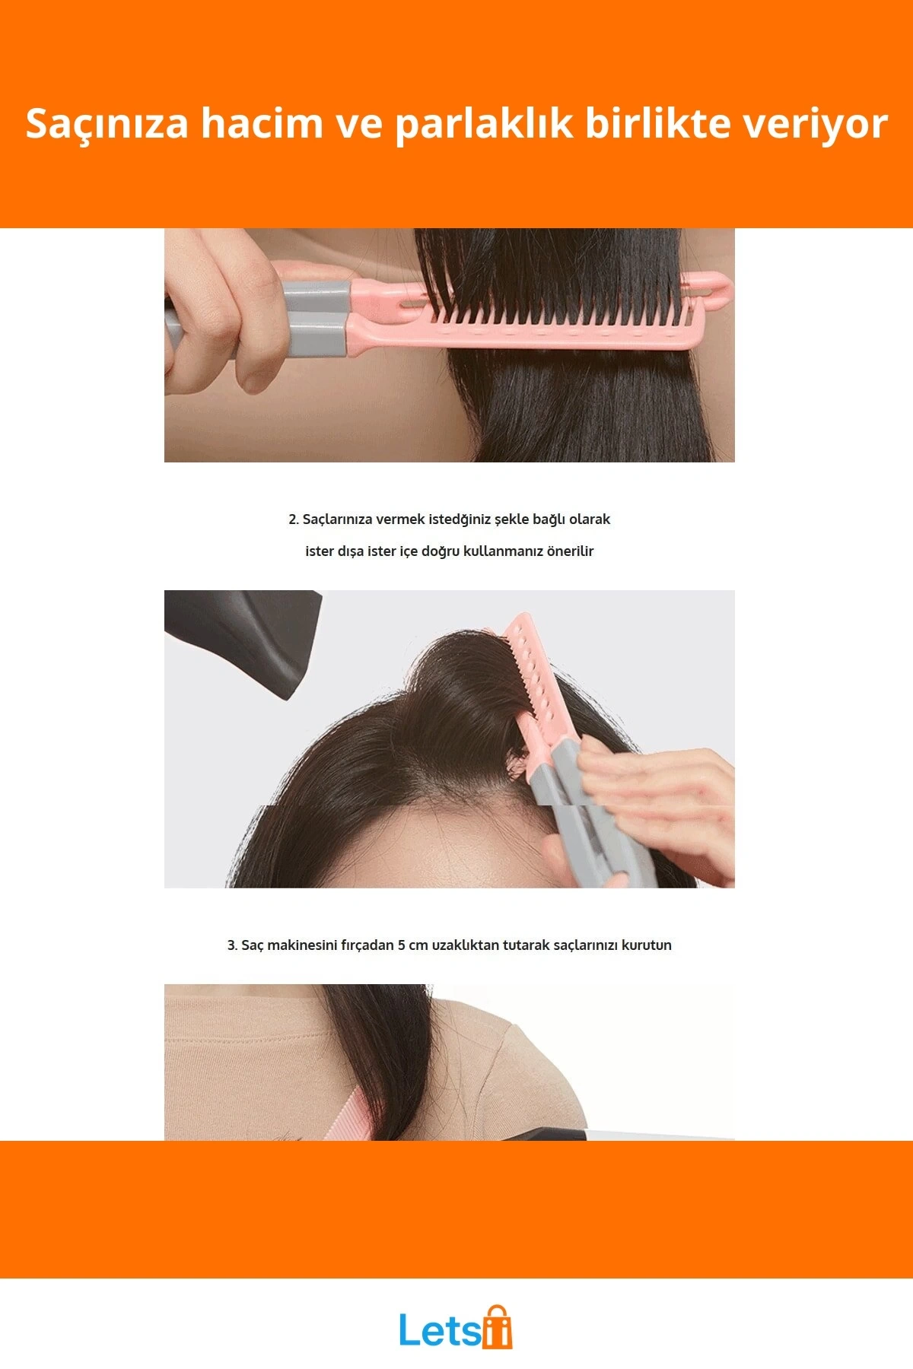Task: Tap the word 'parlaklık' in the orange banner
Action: pos(483,125)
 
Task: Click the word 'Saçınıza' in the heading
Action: pos(107,125)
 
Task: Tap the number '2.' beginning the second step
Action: pos(294,519)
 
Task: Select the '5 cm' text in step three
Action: pos(413,945)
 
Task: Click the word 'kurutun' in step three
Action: pos(647,945)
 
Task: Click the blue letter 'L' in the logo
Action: pos(409,1329)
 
